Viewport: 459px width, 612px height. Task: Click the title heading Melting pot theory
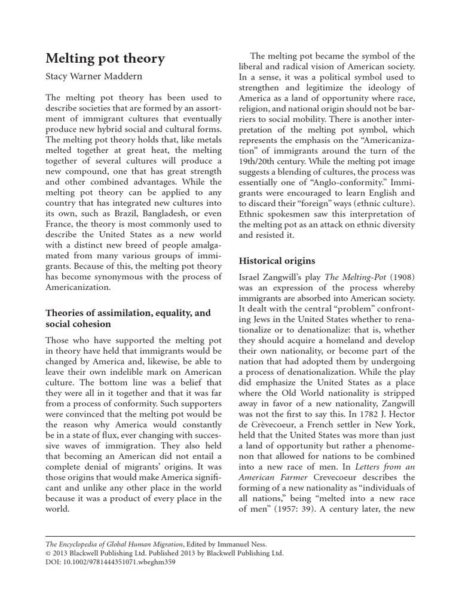[x=105, y=59]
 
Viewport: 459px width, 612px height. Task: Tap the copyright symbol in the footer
[x=49, y=553]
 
